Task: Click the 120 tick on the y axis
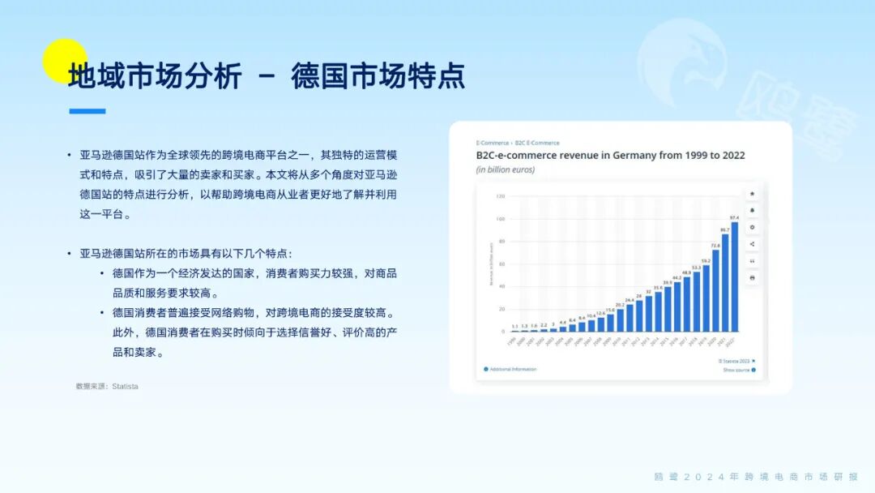[x=501, y=196]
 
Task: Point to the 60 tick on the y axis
[x=501, y=264]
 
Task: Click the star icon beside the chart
[x=752, y=194]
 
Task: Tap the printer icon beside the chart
[x=752, y=278]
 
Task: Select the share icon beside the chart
[x=752, y=244]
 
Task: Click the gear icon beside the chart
[x=752, y=227]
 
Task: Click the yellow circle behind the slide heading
[x=64, y=61]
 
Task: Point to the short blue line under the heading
[x=87, y=111]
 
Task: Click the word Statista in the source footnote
[x=125, y=387]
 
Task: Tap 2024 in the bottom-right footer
[x=711, y=477]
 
